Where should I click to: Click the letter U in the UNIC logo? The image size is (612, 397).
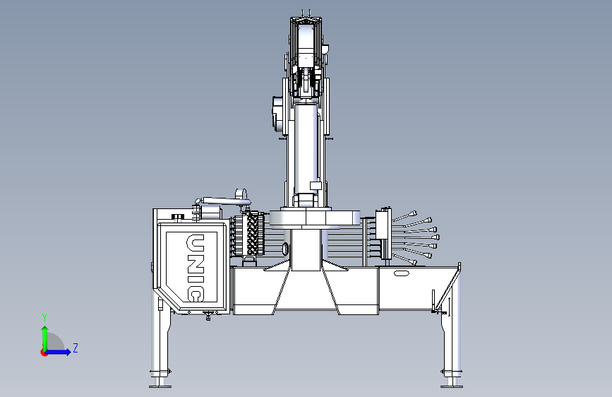(x=196, y=244)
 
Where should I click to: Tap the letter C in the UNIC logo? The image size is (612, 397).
(x=196, y=294)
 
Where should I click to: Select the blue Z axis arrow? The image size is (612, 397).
(x=57, y=352)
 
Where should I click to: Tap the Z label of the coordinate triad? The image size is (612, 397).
(x=76, y=348)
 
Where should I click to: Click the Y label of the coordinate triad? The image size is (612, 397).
(x=44, y=318)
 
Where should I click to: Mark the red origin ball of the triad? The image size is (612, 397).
(x=44, y=352)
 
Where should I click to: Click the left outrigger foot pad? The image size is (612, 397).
(x=160, y=386)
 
